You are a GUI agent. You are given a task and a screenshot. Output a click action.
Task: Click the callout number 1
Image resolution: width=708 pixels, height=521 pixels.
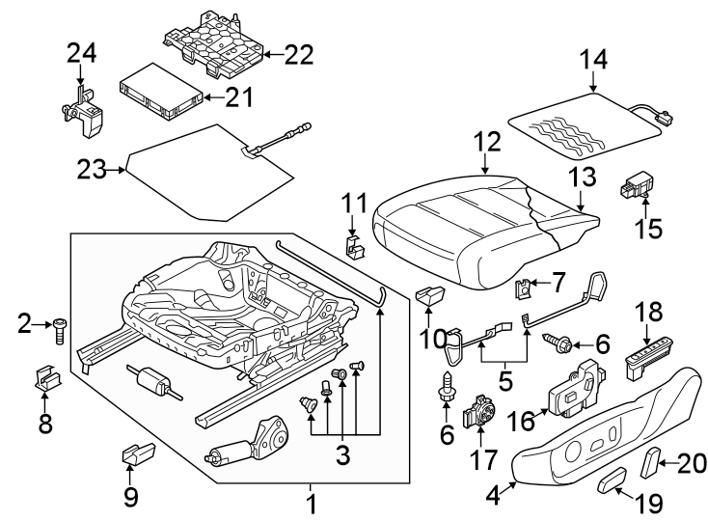coord(311,504)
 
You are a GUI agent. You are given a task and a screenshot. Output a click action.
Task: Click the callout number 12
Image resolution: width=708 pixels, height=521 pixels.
coord(487,143)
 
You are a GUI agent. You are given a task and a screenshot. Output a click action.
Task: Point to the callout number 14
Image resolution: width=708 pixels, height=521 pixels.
coord(594,60)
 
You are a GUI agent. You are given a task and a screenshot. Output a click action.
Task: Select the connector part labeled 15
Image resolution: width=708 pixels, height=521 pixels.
coord(637,183)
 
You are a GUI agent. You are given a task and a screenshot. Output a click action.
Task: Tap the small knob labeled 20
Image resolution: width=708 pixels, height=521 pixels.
coord(652,463)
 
